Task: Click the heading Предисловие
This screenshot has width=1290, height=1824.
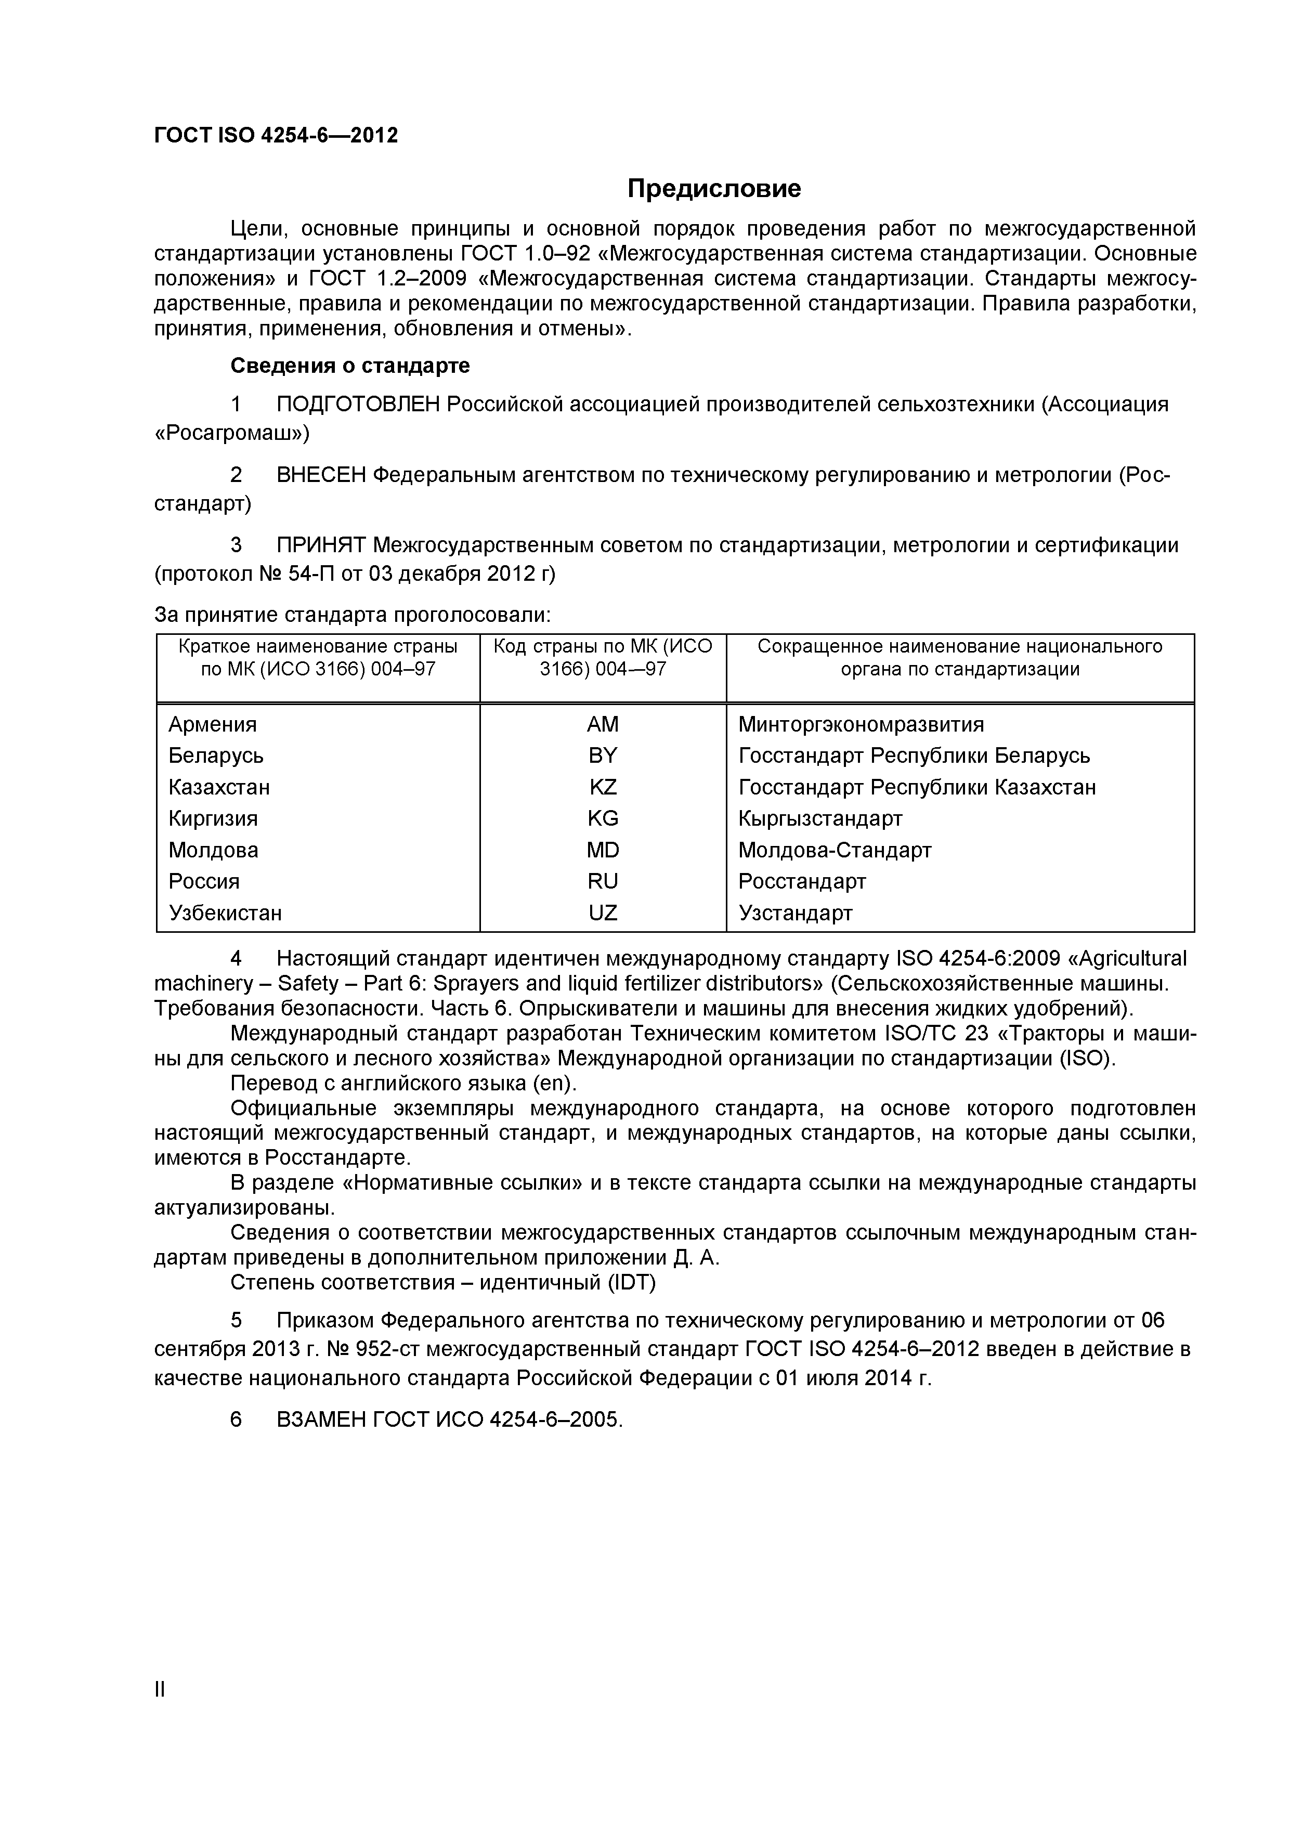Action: pyautogui.click(x=713, y=189)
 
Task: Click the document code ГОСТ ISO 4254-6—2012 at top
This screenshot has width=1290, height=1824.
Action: pyautogui.click(x=276, y=136)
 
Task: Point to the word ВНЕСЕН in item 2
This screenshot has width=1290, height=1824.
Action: pyautogui.click(x=321, y=475)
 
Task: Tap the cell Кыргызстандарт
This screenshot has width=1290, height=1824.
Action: pyautogui.click(x=820, y=818)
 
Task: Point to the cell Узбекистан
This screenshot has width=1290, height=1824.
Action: pyautogui.click(x=225, y=913)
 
